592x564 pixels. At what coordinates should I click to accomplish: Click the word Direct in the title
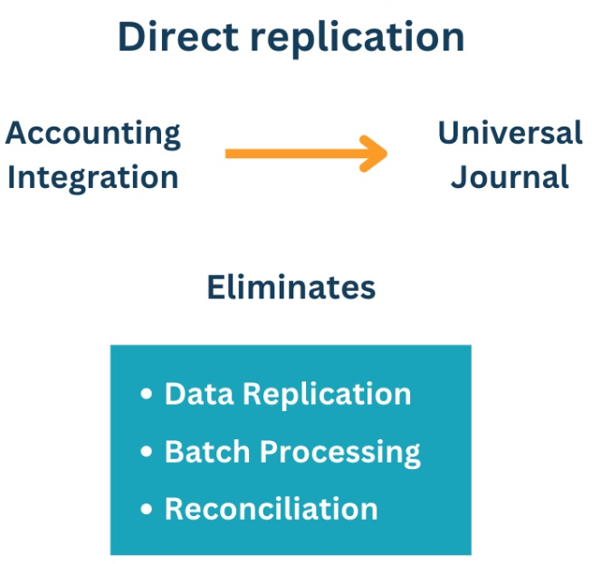176,36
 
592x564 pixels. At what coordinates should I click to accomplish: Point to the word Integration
92,178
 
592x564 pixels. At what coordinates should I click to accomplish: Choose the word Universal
510,133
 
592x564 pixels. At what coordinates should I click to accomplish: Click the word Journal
510,176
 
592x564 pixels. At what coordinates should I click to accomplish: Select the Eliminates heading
291,287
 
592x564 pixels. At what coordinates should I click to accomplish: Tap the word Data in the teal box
199,394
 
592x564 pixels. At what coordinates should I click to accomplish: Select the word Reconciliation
271,509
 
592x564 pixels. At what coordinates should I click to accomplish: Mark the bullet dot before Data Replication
147,395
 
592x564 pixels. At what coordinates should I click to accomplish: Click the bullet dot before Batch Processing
147,452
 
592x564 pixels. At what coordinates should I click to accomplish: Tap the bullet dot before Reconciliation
147,510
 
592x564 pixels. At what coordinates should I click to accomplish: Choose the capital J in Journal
459,176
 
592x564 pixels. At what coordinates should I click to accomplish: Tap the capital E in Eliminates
215,287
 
